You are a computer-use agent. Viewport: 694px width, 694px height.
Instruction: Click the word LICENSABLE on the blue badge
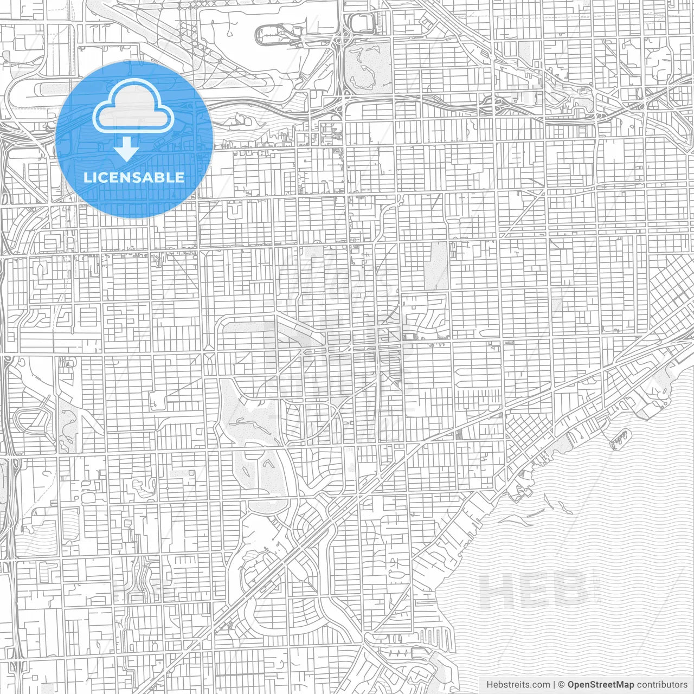pyautogui.click(x=134, y=177)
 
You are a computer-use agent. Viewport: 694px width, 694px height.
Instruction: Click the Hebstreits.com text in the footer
pyautogui.click(x=518, y=685)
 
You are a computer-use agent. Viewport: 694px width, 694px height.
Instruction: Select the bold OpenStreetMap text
pyautogui.click(x=600, y=685)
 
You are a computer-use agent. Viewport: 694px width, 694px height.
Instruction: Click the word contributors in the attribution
pyautogui.click(x=662, y=685)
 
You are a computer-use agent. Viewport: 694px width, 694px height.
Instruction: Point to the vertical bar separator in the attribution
pyautogui.click(x=554, y=685)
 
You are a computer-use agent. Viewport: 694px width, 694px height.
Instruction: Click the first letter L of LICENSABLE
pyautogui.click(x=87, y=177)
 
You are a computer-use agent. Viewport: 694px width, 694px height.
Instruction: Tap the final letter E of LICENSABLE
pyautogui.click(x=179, y=177)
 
